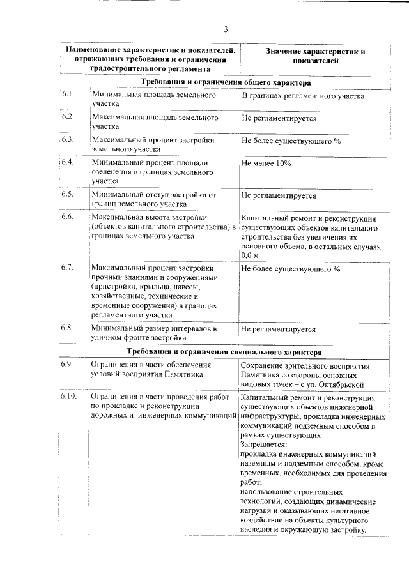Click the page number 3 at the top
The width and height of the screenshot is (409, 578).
pyautogui.click(x=226, y=29)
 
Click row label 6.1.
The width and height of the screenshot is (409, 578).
pyautogui.click(x=68, y=95)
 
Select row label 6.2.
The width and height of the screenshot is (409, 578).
pyautogui.click(x=68, y=117)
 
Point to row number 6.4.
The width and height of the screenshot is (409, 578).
pyautogui.click(x=68, y=162)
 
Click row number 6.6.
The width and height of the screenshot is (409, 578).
pyautogui.click(x=68, y=217)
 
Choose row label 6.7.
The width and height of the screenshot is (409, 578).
pyautogui.click(x=68, y=267)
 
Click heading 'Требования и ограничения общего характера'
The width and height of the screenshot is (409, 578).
pyautogui.click(x=226, y=82)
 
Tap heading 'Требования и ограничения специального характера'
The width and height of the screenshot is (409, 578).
pyautogui.click(x=224, y=352)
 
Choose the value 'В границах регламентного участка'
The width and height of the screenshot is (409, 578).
pyautogui.click(x=302, y=96)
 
